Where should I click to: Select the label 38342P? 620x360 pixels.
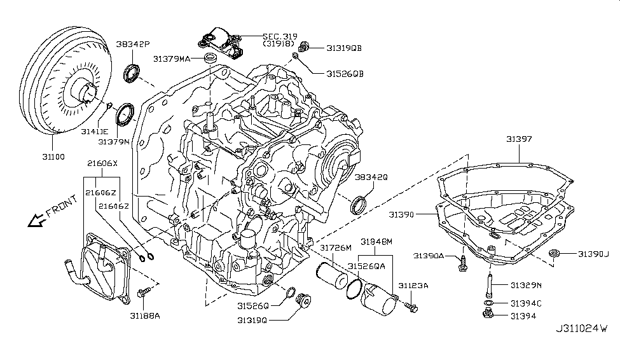tap(133, 45)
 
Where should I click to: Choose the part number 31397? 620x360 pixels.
tap(520, 138)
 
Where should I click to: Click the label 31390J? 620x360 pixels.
tap(593, 254)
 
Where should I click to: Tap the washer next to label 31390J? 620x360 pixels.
tap(555, 255)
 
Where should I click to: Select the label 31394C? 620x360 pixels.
tap(524, 303)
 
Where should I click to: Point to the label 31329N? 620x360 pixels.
tap(523, 287)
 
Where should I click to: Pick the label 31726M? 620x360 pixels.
tap(335, 247)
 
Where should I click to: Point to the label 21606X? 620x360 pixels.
tap(102, 163)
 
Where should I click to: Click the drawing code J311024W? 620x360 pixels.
tap(581, 329)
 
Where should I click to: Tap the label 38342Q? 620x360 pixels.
tap(371, 177)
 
